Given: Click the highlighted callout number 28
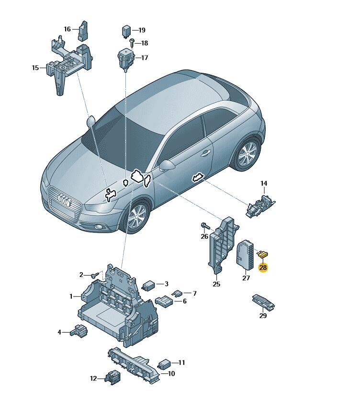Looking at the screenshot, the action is tap(263, 267).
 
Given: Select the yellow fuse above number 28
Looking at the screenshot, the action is tap(263, 255).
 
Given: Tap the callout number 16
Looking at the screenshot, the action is tap(67, 29).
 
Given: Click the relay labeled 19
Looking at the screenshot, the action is tap(126, 31).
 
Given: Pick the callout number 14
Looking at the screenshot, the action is tap(264, 184).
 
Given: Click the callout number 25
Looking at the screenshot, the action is tap(216, 284).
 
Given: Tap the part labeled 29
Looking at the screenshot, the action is tap(263, 302).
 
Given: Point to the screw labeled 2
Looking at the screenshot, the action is tap(94, 275).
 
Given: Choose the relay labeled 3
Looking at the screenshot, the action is tap(148, 285).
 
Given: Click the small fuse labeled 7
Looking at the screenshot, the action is tap(178, 293).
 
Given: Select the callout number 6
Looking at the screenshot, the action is tap(184, 301).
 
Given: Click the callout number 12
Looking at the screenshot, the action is tap(93, 379).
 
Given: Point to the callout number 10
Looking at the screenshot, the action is tap(171, 373).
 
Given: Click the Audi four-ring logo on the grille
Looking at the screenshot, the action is tap(65, 200).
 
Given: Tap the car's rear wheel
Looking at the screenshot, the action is tap(247, 154).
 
